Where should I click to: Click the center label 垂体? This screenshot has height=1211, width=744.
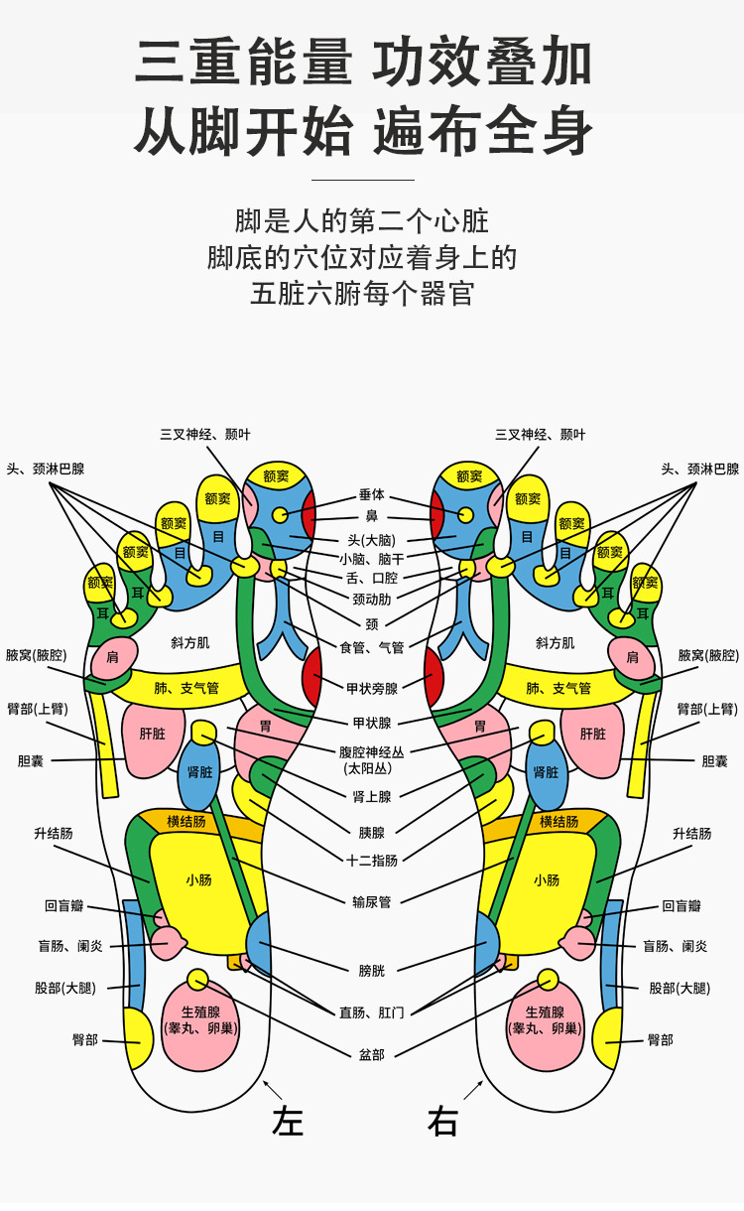pyautogui.click(x=372, y=494)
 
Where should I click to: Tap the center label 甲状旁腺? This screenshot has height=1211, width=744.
pyautogui.click(x=372, y=688)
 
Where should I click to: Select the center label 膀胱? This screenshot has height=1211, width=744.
pyautogui.click(x=372, y=970)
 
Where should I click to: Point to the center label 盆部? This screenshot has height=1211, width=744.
pyautogui.click(x=372, y=1054)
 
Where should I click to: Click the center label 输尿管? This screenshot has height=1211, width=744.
pyautogui.click(x=372, y=902)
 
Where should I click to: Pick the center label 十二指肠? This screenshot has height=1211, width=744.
pyautogui.click(x=372, y=861)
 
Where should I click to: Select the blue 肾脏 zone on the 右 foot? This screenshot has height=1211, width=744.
pyautogui.click(x=546, y=771)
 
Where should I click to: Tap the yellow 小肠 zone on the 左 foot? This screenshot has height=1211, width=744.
pyautogui.click(x=198, y=879)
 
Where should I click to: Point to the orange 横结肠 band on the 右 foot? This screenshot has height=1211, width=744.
pyautogui.click(x=558, y=822)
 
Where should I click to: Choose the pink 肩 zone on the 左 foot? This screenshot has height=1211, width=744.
pyautogui.click(x=112, y=657)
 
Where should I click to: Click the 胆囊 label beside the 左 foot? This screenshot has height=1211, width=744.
pyautogui.click(x=32, y=761)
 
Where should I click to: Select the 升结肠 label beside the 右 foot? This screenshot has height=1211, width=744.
pyautogui.click(x=691, y=834)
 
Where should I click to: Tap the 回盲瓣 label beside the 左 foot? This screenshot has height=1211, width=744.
pyautogui.click(x=64, y=906)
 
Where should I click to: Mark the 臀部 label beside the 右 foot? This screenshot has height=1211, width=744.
pyautogui.click(x=660, y=1040)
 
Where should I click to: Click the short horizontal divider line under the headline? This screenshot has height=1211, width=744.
pyautogui.click(x=362, y=180)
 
